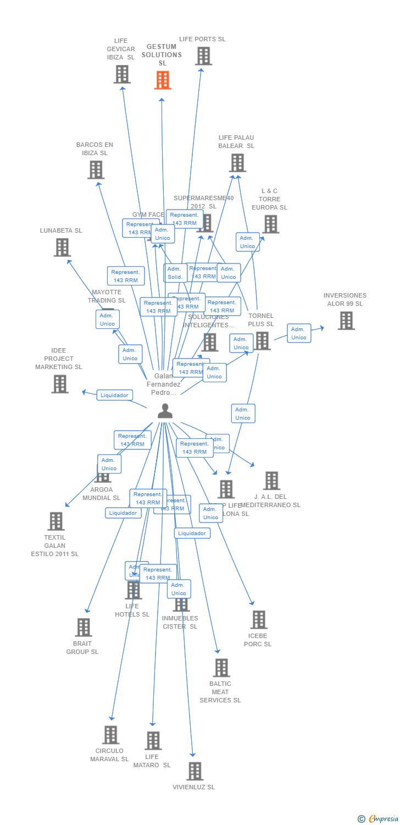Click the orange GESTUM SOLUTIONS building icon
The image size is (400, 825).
[x=162, y=80]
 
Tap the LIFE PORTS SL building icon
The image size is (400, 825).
[x=203, y=56]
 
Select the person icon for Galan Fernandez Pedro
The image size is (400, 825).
[x=165, y=411]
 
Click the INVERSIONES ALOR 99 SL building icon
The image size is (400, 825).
[x=346, y=321]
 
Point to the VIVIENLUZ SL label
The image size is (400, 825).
[x=193, y=787]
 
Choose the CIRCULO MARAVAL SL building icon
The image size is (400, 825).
[x=111, y=735]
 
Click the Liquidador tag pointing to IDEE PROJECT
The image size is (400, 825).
[x=115, y=395]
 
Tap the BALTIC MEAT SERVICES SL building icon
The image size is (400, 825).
[x=221, y=668]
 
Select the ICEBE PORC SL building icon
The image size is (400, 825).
[x=259, y=620]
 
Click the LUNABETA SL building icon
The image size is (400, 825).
[x=62, y=248]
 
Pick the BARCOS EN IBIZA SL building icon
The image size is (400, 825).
[x=96, y=170]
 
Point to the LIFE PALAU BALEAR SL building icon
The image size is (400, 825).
[x=237, y=163]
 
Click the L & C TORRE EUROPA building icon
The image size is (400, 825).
[x=271, y=224]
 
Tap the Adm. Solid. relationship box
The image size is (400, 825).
[x=175, y=273]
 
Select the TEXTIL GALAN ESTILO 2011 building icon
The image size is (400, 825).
[x=56, y=521]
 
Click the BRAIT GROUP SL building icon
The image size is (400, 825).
[x=83, y=628]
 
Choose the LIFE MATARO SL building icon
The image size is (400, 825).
[x=153, y=741]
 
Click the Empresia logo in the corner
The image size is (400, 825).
[x=379, y=819]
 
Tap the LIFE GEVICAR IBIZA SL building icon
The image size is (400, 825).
[x=122, y=74]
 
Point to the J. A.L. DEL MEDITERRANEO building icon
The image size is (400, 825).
[x=271, y=481]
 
